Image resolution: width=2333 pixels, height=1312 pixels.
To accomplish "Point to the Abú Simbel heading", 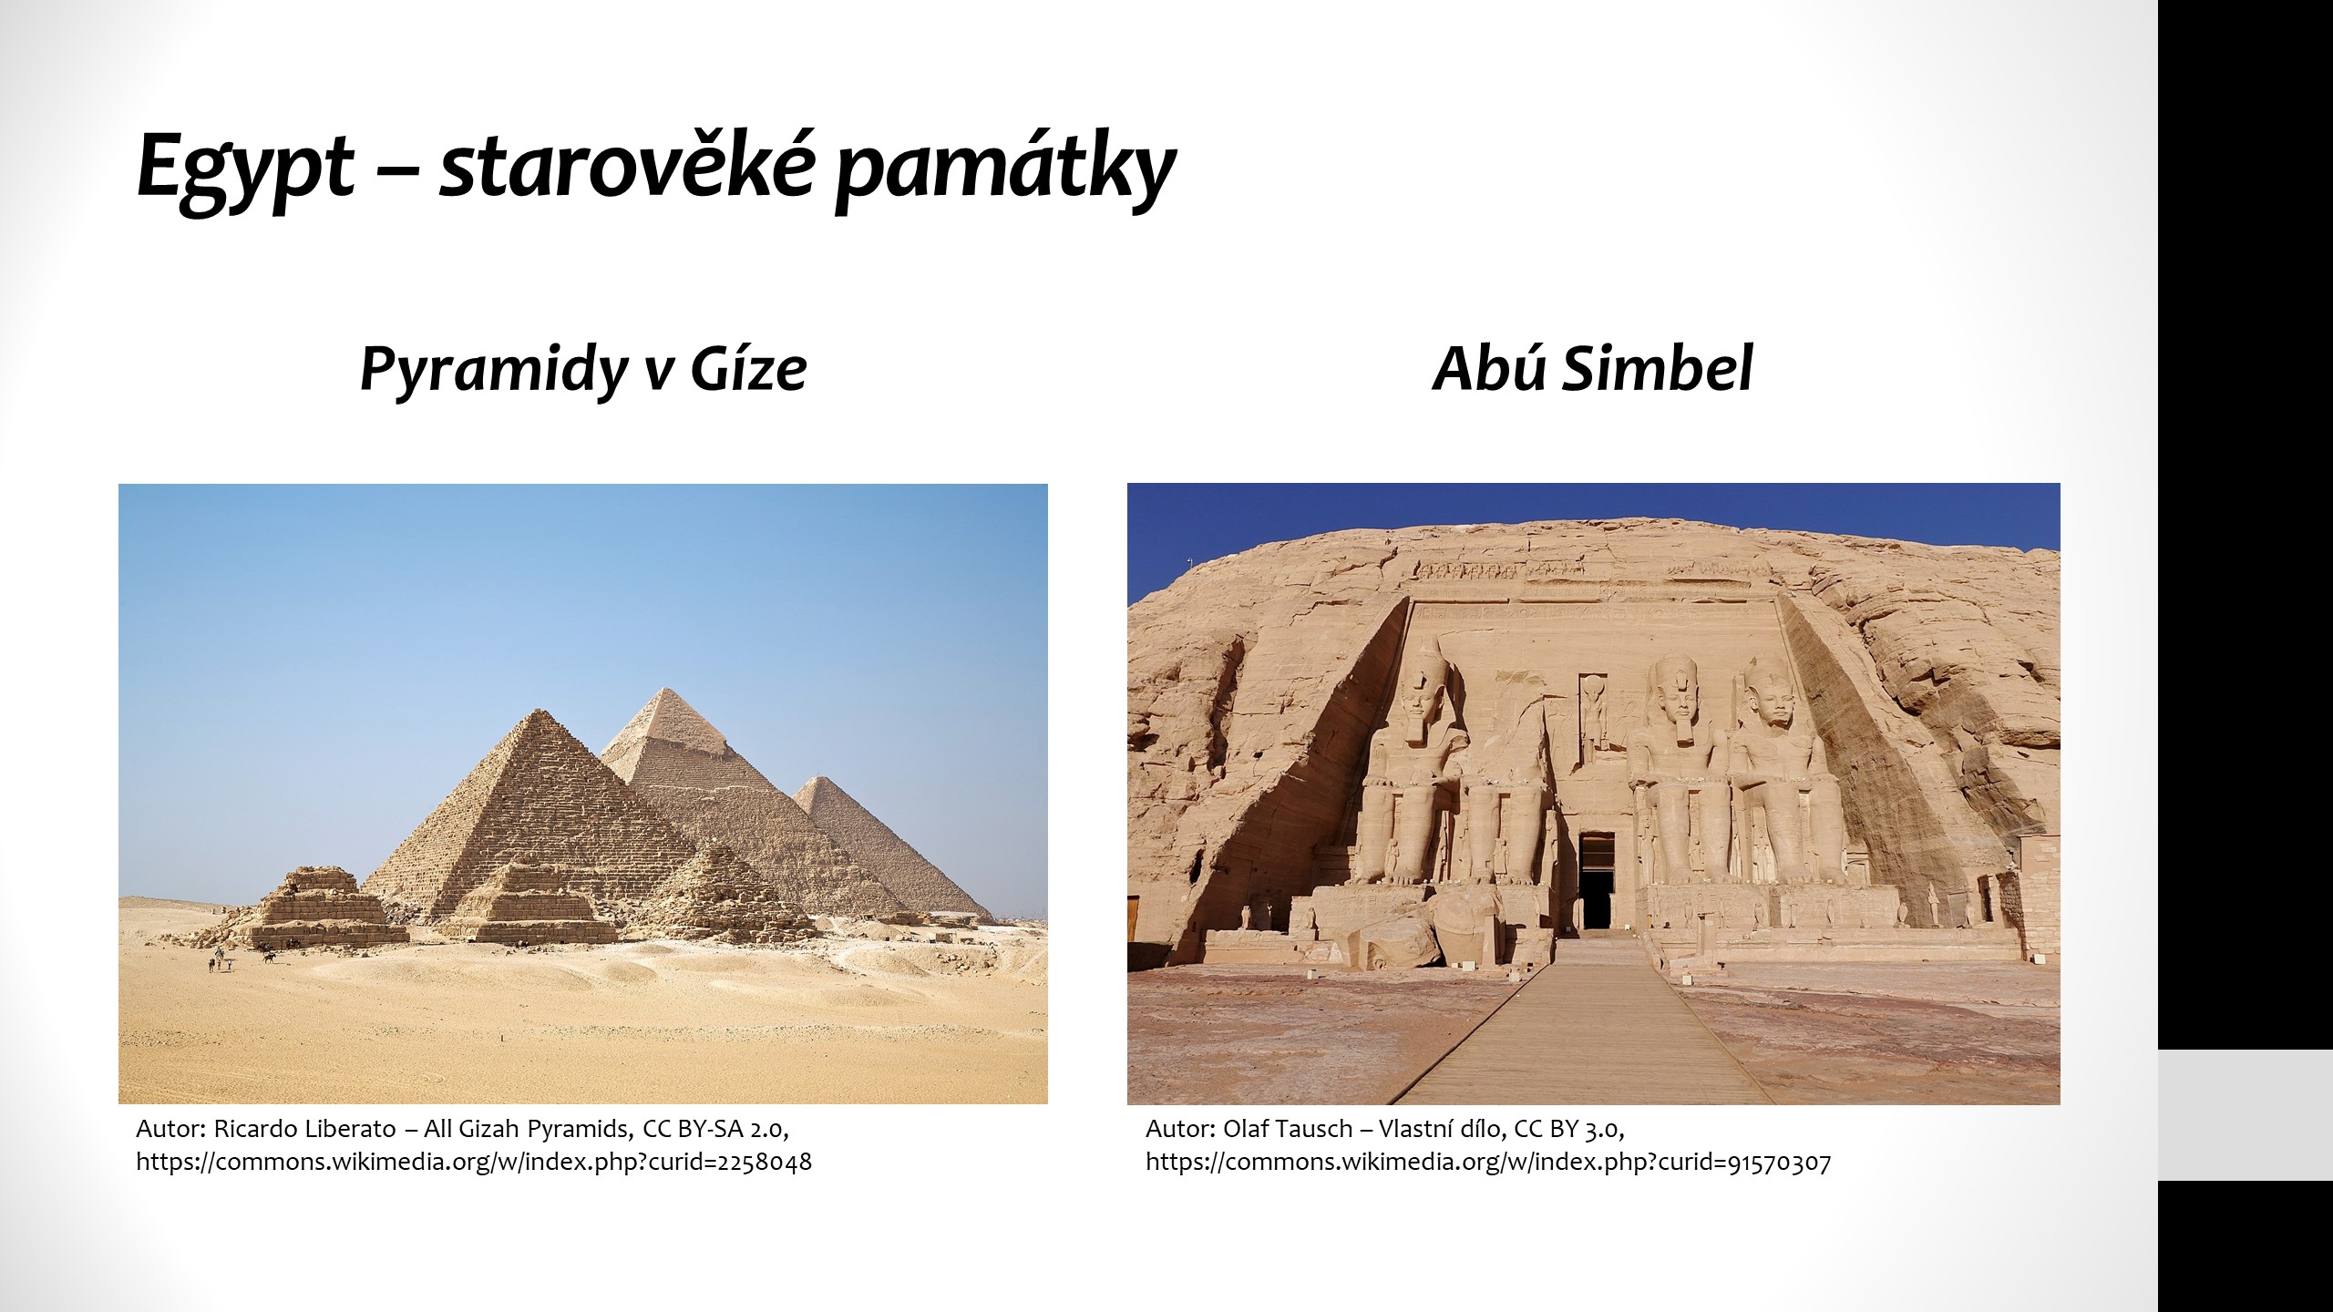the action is click(x=1592, y=369).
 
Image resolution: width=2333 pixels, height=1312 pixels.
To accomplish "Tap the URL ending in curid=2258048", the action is click(x=474, y=1162).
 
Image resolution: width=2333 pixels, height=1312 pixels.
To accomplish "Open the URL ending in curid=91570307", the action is click(x=1488, y=1162).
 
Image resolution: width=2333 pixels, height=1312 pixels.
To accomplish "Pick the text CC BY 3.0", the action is click(x=1569, y=1129).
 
